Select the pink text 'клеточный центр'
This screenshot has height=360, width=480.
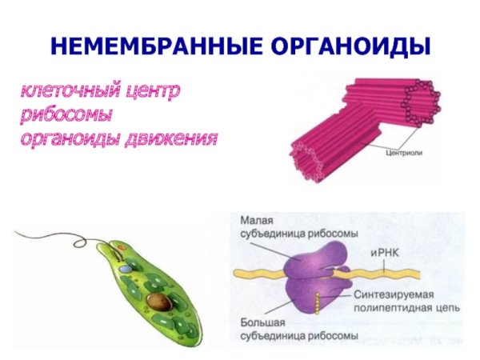[100, 91]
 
